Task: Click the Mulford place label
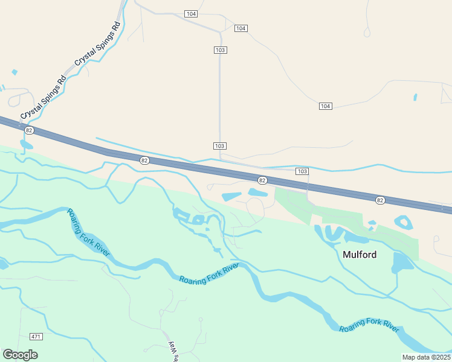click(360, 255)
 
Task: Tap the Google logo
click(20, 355)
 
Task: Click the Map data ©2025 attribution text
click(425, 357)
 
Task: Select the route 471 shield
click(36, 336)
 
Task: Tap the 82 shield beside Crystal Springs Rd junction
click(28, 130)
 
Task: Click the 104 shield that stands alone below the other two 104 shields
click(325, 106)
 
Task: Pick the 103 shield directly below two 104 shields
click(220, 50)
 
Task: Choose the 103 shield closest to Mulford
click(302, 171)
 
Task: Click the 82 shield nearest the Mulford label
click(379, 200)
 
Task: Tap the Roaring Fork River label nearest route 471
click(88, 232)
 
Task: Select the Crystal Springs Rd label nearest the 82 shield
click(44, 98)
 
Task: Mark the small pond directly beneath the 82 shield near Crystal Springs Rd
click(26, 145)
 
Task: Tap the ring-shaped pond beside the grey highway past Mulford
click(404, 222)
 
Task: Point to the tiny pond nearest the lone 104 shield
click(415, 97)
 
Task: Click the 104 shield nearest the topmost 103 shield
click(241, 28)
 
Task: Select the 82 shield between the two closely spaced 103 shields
click(262, 180)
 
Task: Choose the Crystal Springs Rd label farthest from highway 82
click(98, 43)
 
